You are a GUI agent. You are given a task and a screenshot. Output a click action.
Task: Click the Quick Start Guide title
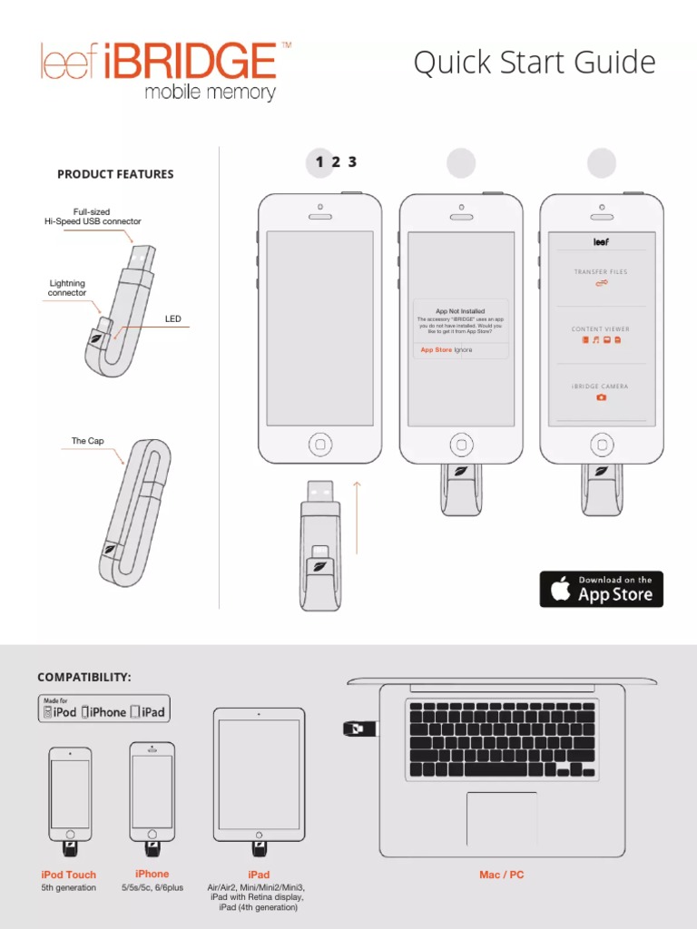tap(534, 63)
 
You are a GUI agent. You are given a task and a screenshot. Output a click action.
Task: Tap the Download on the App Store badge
tap(602, 589)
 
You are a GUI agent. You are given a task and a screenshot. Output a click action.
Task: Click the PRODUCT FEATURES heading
tap(115, 174)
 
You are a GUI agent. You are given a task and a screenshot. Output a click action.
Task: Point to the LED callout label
tap(172, 319)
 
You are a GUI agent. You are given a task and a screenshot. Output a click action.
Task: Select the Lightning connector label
tap(67, 288)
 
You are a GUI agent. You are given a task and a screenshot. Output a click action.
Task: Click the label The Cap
tap(88, 441)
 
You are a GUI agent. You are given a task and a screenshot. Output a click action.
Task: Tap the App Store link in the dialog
tap(436, 349)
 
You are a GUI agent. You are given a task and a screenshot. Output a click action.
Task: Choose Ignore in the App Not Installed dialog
tap(463, 349)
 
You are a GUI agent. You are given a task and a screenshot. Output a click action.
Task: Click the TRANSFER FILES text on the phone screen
tap(600, 272)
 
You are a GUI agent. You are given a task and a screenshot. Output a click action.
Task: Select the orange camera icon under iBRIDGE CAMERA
tap(601, 397)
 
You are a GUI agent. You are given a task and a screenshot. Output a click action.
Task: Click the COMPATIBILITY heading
tap(84, 678)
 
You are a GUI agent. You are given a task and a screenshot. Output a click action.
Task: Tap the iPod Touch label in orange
tap(69, 875)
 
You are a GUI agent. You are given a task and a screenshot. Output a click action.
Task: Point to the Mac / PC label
tap(502, 875)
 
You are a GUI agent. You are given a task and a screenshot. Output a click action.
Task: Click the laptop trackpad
tap(502, 818)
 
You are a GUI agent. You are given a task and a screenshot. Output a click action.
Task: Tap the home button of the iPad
tap(259, 832)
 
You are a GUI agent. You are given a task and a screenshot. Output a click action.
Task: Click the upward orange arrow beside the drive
tap(357, 517)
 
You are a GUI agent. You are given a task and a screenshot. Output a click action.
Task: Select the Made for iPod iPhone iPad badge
tap(103, 709)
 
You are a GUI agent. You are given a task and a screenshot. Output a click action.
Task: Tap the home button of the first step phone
tap(319, 445)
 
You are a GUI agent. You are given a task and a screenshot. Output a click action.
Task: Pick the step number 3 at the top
tap(352, 162)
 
